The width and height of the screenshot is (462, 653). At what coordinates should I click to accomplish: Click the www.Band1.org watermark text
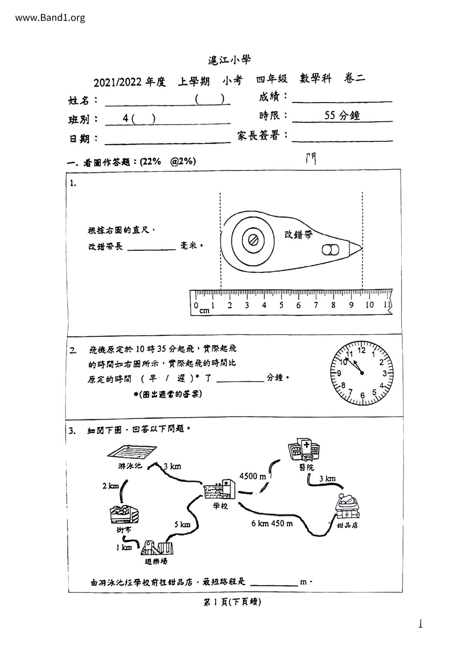click(50, 17)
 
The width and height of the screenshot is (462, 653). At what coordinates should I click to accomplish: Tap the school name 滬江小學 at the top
click(230, 60)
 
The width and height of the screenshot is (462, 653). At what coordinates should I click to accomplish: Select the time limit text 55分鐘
click(342, 115)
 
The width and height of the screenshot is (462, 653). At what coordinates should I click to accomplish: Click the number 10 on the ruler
click(369, 305)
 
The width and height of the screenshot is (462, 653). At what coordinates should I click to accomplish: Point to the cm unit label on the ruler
click(204, 311)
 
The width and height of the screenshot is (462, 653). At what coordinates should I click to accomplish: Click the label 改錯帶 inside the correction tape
click(298, 235)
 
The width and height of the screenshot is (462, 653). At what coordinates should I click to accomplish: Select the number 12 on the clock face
click(362, 350)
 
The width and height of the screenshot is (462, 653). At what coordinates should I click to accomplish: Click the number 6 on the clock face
click(362, 395)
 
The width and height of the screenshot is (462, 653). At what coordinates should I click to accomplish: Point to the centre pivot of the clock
click(362, 373)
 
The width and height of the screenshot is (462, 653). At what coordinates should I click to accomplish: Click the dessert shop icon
click(348, 507)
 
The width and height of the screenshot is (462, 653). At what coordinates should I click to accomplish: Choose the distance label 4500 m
click(253, 476)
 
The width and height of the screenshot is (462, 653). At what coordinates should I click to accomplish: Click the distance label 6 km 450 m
click(272, 523)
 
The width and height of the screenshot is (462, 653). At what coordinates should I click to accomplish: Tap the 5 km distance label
click(182, 525)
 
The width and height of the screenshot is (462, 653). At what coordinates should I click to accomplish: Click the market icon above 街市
click(124, 515)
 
